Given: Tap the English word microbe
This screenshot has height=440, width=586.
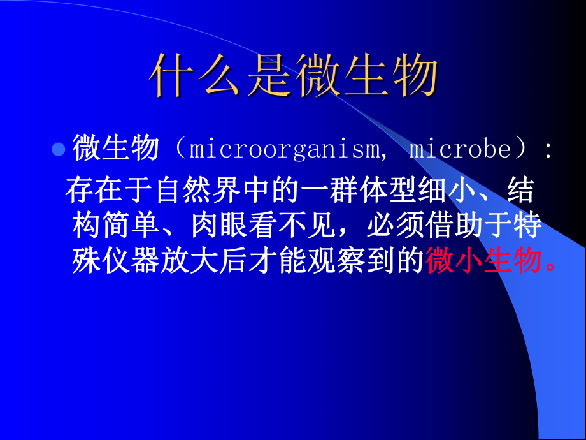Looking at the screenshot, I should pos(460,150).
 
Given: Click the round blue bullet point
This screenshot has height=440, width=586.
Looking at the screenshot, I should pos(58,150).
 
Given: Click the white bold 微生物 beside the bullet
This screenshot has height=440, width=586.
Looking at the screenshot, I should pos(115,150).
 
